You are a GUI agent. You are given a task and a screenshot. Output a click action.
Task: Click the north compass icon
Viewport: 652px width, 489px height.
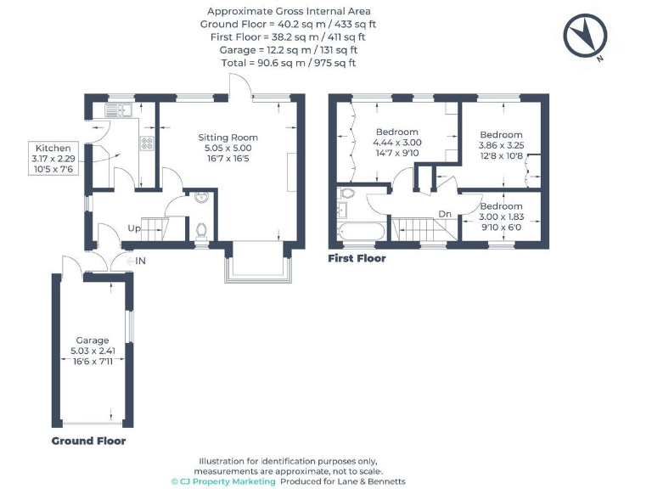[586, 37]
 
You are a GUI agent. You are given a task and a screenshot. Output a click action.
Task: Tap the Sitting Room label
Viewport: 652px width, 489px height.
[228, 138]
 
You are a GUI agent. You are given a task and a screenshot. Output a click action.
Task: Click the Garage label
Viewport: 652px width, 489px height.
[93, 339]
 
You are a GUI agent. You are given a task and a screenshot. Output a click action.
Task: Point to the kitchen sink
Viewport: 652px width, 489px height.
[116, 110]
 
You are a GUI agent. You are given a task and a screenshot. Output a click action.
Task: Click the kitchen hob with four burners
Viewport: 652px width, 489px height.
[147, 143]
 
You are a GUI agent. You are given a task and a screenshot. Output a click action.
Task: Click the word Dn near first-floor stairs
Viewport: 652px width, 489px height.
[444, 214]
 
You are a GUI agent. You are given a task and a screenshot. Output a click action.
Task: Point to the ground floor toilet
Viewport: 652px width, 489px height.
[200, 229]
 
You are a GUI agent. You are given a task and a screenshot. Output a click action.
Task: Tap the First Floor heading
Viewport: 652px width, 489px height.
[357, 258]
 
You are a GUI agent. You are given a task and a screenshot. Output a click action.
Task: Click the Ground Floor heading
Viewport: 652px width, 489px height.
[88, 441]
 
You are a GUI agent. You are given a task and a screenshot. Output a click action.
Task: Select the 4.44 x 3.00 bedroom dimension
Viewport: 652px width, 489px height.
[397, 143]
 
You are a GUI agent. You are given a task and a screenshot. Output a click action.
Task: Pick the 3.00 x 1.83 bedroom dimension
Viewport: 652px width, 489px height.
[501, 217]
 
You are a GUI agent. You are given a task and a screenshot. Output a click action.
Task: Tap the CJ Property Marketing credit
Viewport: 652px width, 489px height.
[224, 481]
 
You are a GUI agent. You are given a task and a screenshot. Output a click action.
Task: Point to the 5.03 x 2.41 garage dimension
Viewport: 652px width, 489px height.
[93, 350]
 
